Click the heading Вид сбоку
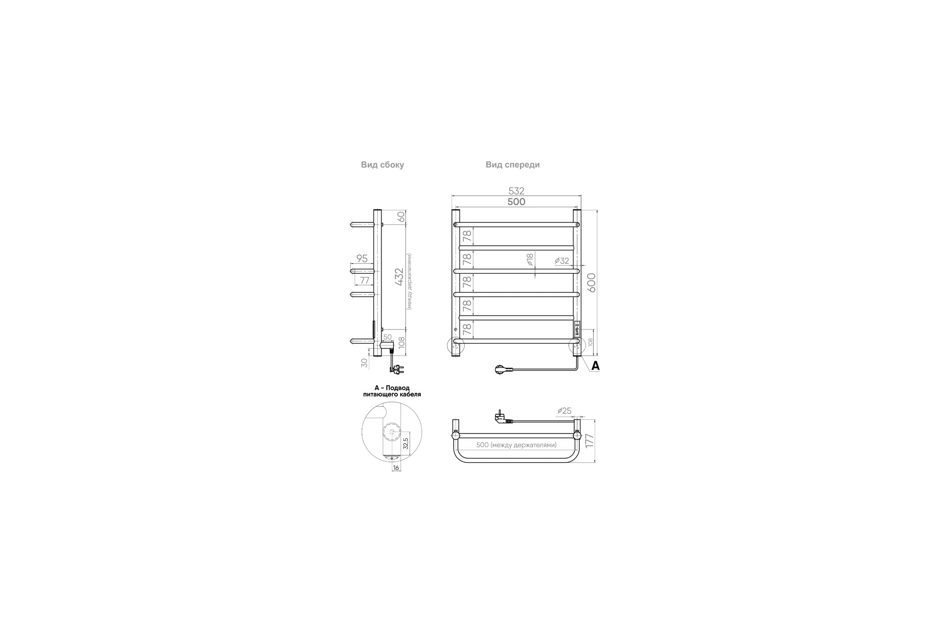click(x=382, y=165)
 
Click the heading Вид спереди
click(x=512, y=165)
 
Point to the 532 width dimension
click(x=516, y=191)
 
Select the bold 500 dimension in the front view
click(x=516, y=201)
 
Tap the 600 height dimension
click(x=592, y=282)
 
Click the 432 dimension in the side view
click(x=399, y=277)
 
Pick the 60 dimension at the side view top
click(x=401, y=216)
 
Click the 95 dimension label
click(x=362, y=258)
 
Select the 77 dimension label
click(x=364, y=280)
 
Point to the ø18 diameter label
click(x=530, y=259)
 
